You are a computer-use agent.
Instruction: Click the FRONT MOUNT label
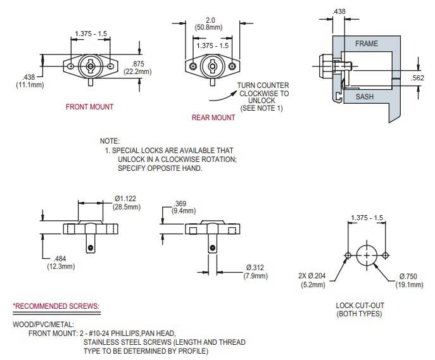click(x=89, y=107)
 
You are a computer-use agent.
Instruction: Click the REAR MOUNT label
click(x=213, y=118)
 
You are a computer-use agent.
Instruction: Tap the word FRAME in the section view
click(x=366, y=44)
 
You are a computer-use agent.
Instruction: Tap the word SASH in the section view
click(x=365, y=97)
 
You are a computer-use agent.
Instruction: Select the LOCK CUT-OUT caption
click(x=360, y=306)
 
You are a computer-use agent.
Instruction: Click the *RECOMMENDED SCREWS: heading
click(x=56, y=307)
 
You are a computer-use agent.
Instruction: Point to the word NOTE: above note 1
click(x=110, y=141)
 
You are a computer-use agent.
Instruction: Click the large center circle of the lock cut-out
click(x=366, y=254)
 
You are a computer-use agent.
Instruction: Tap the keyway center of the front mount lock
click(x=91, y=65)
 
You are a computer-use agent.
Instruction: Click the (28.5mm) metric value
click(x=127, y=207)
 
